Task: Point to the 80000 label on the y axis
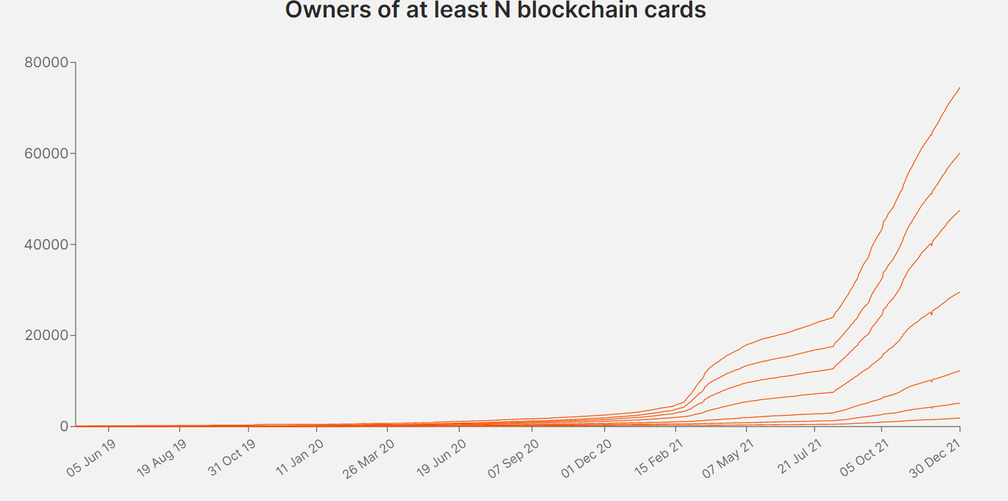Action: (x=46, y=63)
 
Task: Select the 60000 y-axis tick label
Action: (x=46, y=154)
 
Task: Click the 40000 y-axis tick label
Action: (x=46, y=245)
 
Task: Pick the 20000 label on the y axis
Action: (x=46, y=336)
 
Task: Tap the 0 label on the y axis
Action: (x=64, y=427)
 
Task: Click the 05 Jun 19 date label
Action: (x=90, y=459)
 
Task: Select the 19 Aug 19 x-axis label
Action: (x=161, y=459)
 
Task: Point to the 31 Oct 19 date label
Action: (x=231, y=459)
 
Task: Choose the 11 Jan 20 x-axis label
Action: (x=299, y=459)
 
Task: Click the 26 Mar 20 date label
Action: (x=369, y=459)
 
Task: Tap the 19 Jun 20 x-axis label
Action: (x=442, y=459)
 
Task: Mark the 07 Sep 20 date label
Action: (x=513, y=459)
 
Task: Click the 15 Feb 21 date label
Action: (x=658, y=459)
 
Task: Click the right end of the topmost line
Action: (x=960, y=87)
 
